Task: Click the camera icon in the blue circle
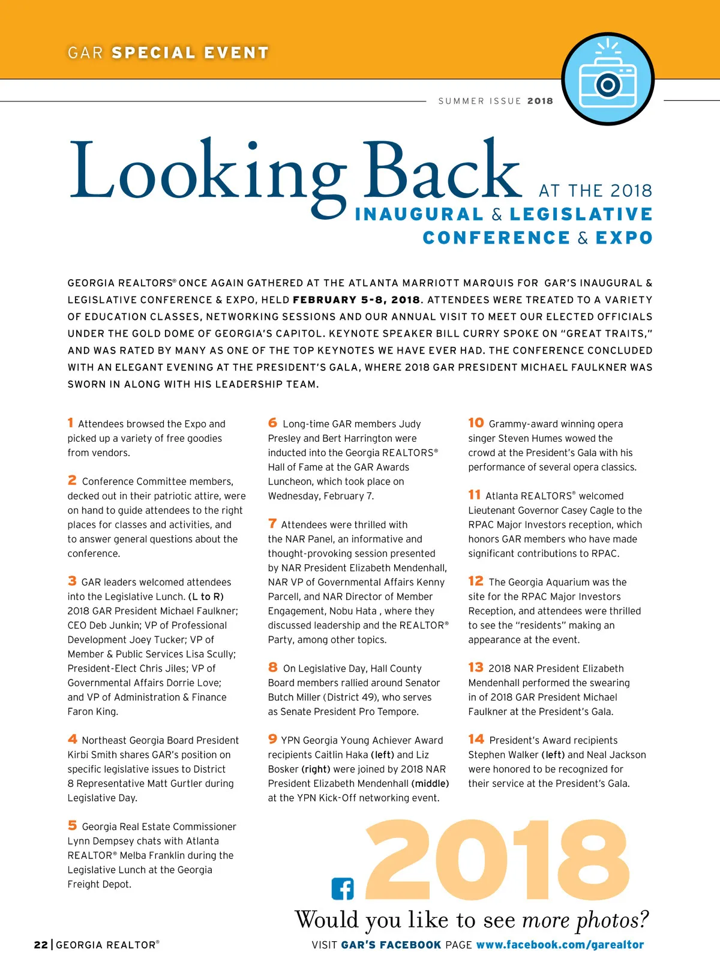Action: tap(607, 79)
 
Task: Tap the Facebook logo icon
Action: tap(343, 888)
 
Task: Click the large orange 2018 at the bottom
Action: tap(497, 862)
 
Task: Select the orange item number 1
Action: tap(71, 423)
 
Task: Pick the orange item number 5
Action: tap(72, 826)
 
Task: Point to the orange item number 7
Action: tap(272, 524)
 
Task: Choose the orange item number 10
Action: tap(476, 423)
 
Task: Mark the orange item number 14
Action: tap(476, 740)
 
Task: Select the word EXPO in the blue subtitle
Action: tap(623, 238)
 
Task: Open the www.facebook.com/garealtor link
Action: tap(560, 945)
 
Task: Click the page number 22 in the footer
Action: tap(41, 945)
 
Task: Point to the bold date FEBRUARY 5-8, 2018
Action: tap(356, 300)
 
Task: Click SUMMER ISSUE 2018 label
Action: tap(496, 101)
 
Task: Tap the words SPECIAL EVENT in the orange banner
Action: tap(190, 53)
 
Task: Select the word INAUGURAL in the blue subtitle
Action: tap(419, 215)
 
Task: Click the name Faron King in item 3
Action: tap(92, 712)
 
